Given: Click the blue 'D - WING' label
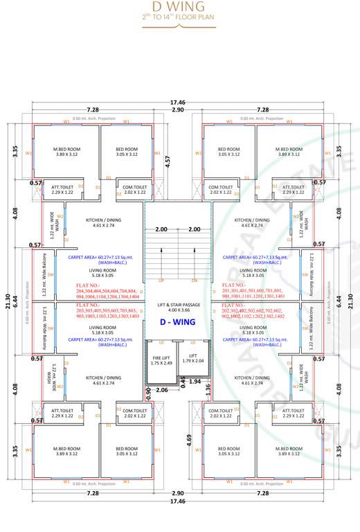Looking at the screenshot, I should [x=178, y=322].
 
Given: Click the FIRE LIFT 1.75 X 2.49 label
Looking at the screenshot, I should [x=161, y=360].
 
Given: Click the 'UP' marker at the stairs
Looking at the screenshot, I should [x=161, y=281].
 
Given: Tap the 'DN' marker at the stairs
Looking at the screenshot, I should [x=195, y=281].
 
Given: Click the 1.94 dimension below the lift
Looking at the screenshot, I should [x=195, y=382].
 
